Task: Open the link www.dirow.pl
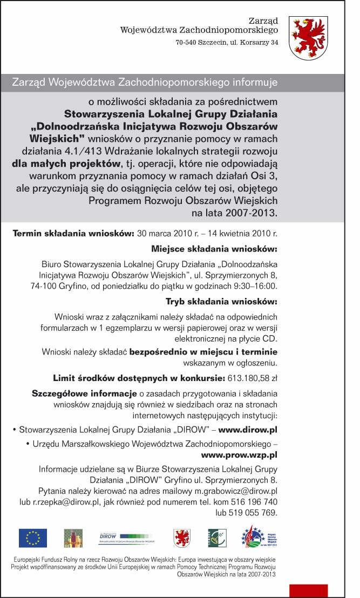coord(248,430)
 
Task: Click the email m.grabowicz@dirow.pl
coord(236,491)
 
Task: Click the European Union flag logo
coord(33,538)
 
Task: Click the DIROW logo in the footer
coord(127,536)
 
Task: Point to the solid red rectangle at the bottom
coord(308,590)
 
